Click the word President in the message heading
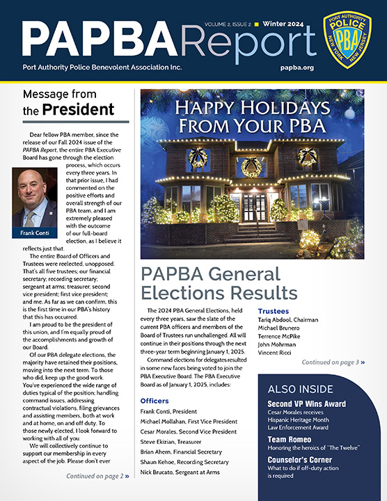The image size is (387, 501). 77,109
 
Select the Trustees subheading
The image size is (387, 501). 276,311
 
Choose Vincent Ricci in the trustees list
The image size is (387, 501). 276,353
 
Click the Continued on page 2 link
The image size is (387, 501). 97,476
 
